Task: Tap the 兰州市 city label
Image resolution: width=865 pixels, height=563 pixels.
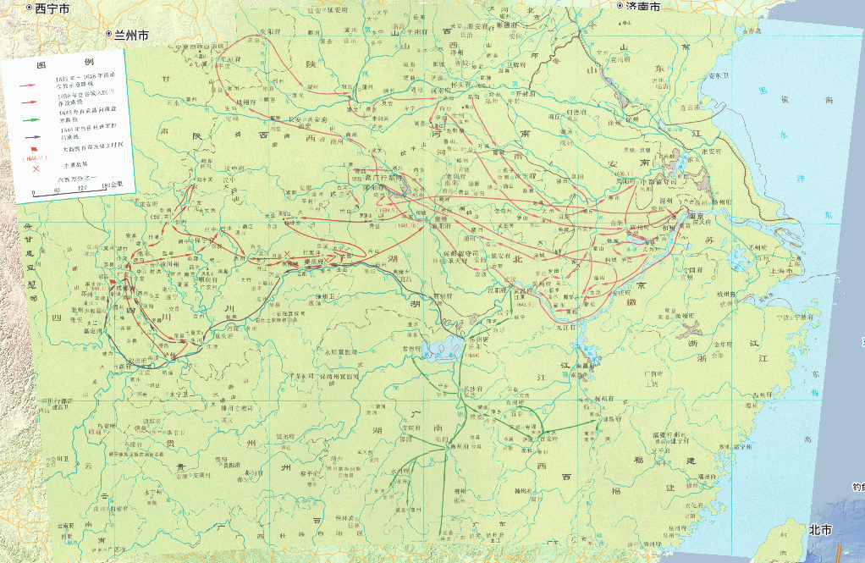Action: (x=128, y=36)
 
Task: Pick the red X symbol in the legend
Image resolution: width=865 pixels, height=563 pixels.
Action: (x=36, y=168)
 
